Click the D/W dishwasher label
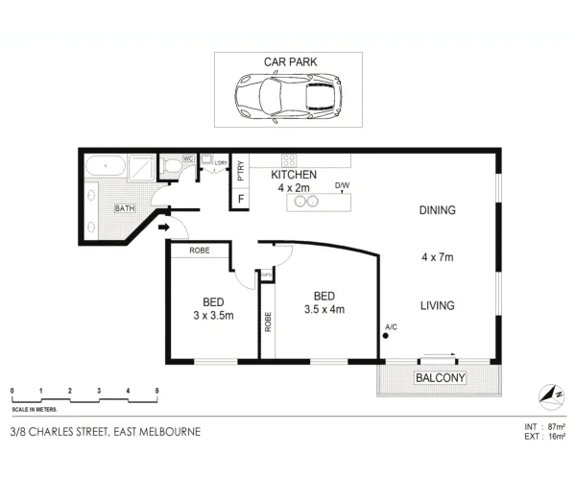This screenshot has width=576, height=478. tap(342, 184)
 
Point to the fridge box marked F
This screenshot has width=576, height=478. tap(241, 199)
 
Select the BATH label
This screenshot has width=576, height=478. tap(125, 208)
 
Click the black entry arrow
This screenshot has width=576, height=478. tap(163, 227)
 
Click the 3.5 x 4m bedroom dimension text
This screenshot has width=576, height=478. tap(324, 309)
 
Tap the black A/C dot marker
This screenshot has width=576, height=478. tap(386, 336)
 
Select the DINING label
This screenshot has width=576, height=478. tap(437, 210)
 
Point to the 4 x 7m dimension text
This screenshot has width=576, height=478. tap(437, 257)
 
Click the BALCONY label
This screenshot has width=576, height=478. tap(440, 379)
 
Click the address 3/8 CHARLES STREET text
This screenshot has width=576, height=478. tap(72, 432)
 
